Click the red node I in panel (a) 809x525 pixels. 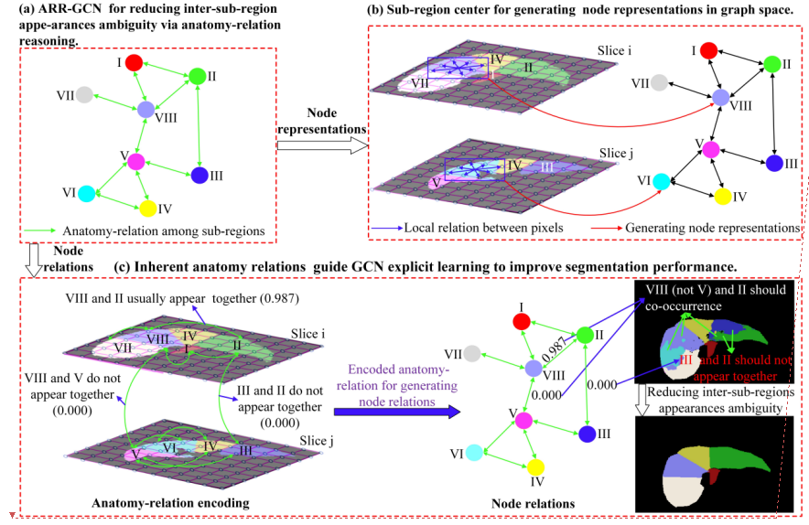coord(133,63)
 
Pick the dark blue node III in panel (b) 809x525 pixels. coord(774,163)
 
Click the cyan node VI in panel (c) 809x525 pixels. coord(473,451)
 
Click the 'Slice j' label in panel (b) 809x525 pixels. coord(616,152)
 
